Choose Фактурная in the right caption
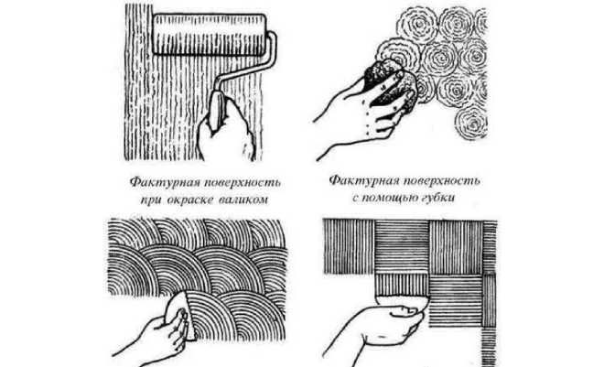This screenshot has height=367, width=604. click(x=361, y=178)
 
